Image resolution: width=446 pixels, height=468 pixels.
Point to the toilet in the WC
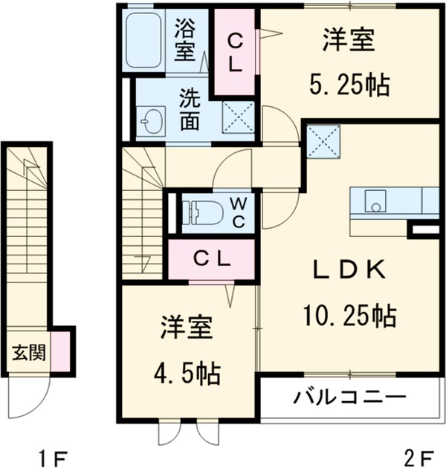(x=201, y=211)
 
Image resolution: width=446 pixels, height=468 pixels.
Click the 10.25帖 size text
(x=349, y=317)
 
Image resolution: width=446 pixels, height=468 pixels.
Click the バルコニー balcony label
(x=349, y=396)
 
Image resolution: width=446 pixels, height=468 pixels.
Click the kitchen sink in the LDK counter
(x=375, y=201)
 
